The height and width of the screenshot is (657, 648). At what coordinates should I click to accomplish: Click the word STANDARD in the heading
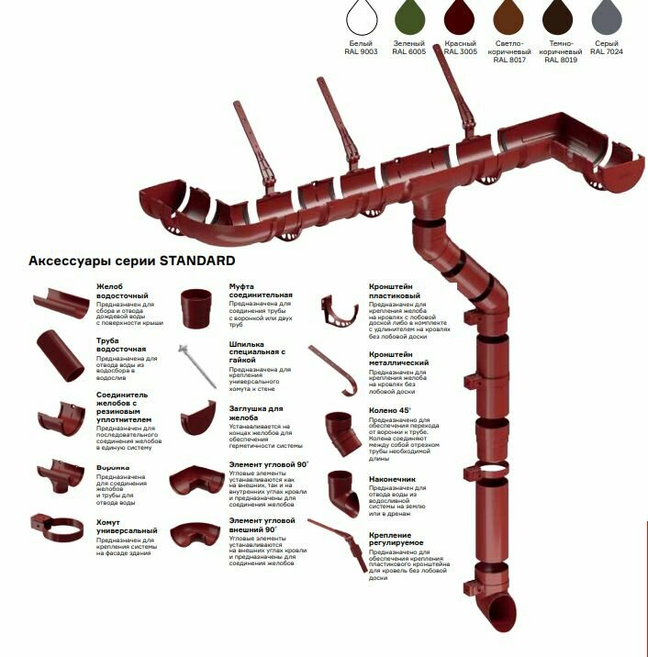(197, 262)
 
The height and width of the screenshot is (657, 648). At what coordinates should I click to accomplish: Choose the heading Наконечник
(393, 479)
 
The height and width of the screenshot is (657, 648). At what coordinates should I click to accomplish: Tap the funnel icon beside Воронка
(61, 475)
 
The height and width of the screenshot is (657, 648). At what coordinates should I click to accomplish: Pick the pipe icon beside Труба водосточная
(61, 356)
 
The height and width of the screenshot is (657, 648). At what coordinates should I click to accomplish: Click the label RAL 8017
(511, 61)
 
